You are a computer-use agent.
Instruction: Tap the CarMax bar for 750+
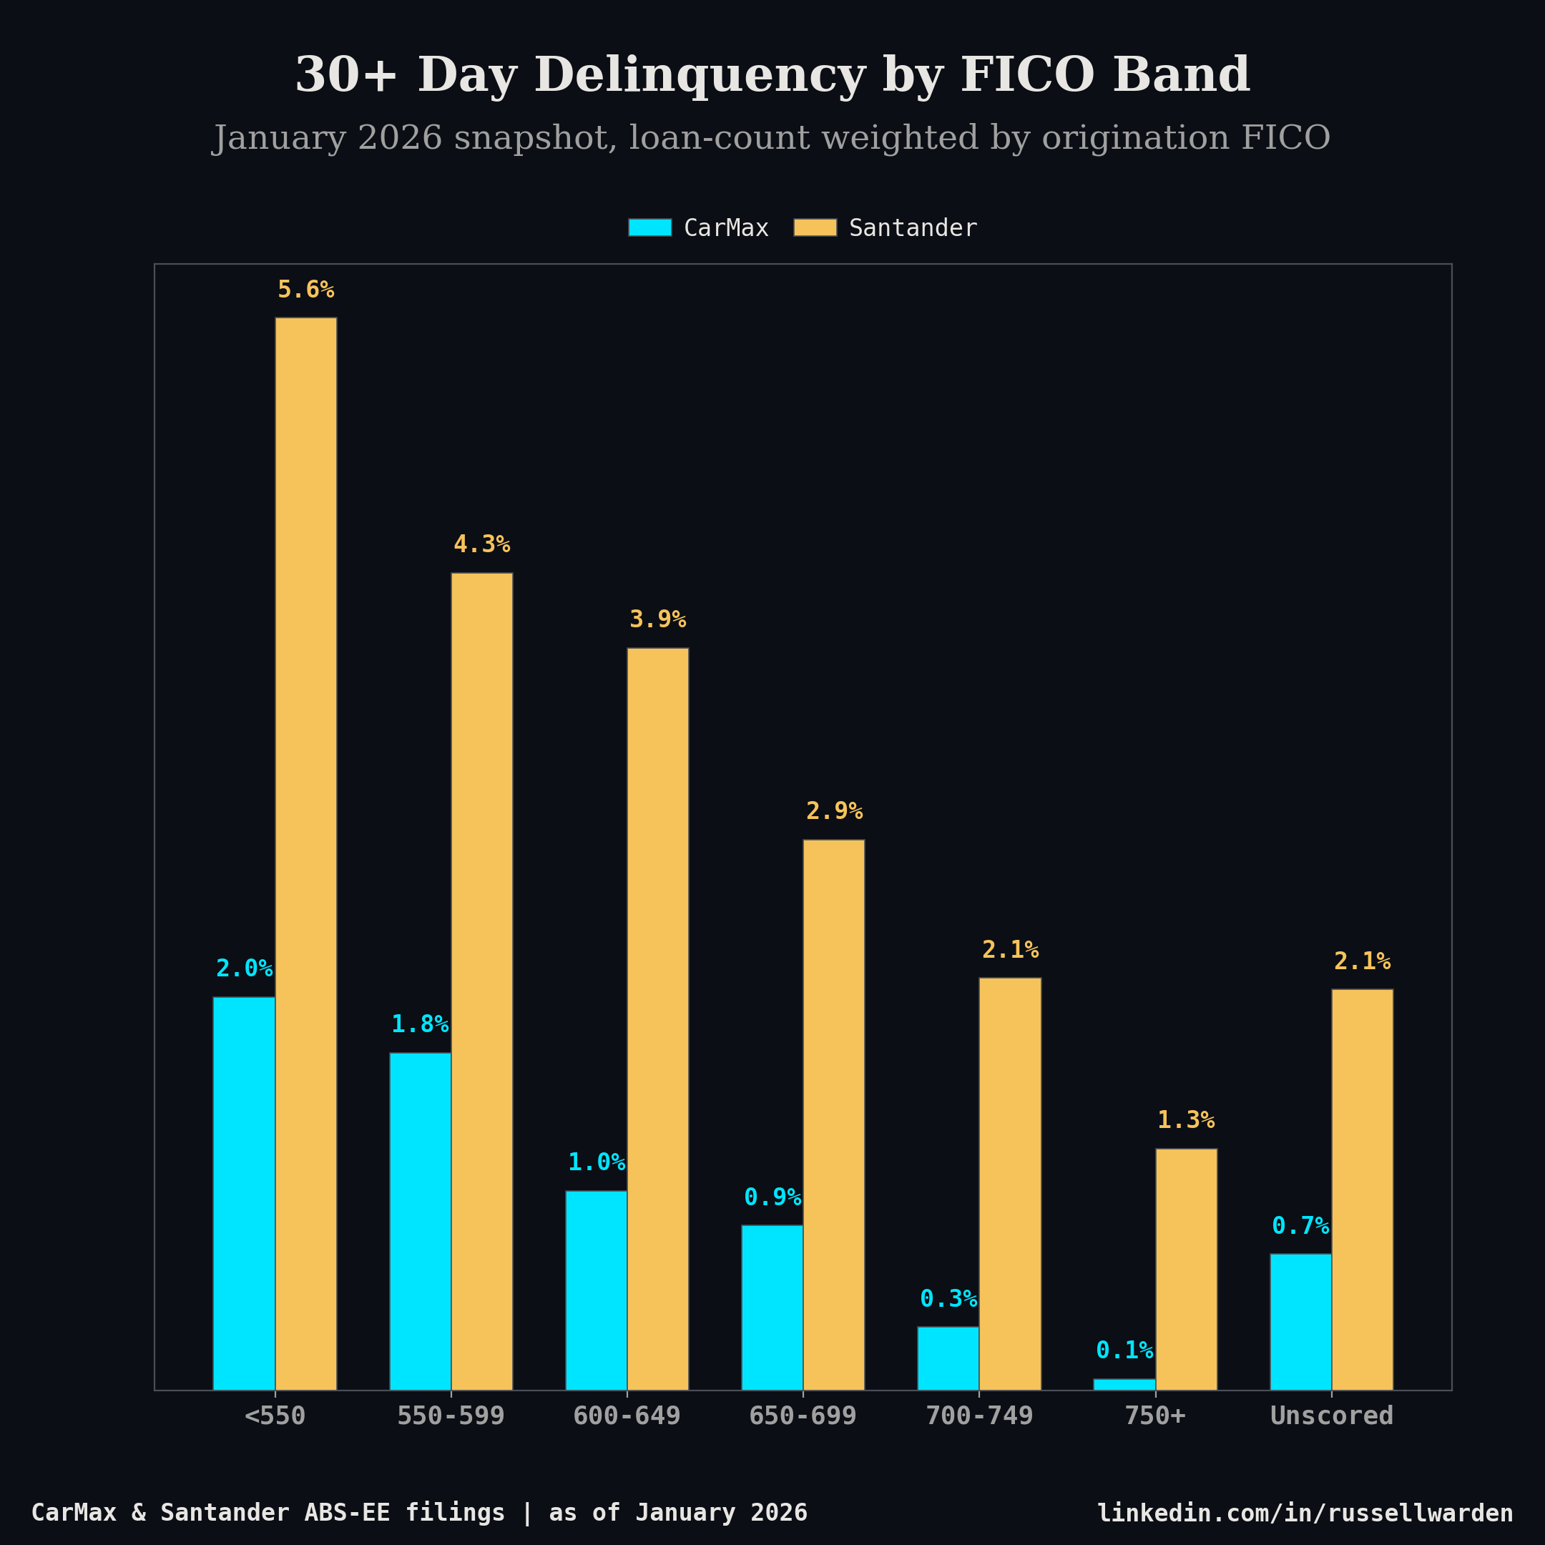point(1124,1384)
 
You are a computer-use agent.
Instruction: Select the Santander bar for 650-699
point(833,1115)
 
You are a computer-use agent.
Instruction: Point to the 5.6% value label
point(305,290)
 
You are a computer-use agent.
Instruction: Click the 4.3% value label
point(481,544)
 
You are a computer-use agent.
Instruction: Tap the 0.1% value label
point(1124,1350)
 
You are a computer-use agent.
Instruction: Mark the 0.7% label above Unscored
point(1300,1226)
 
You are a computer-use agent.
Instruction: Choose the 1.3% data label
point(1185,1120)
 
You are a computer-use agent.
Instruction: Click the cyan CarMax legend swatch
point(649,228)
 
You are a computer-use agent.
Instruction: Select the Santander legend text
point(913,229)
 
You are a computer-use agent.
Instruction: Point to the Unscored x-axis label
point(1330,1416)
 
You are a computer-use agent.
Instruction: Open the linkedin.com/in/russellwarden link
point(1304,1513)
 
